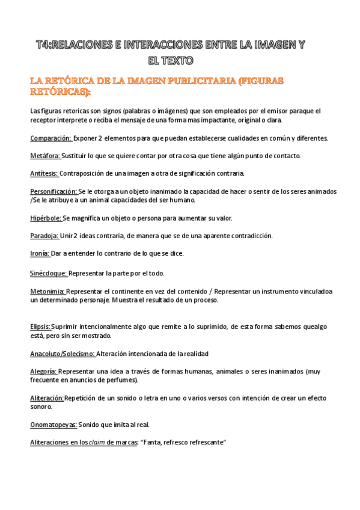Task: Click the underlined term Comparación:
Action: [50, 138]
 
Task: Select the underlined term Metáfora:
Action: [45, 156]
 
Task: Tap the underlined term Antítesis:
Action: [44, 173]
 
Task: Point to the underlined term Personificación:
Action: [53, 191]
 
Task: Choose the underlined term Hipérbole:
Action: [46, 218]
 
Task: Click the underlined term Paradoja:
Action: [44, 236]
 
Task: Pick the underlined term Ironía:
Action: [40, 253]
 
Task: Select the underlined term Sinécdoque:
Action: [49, 273]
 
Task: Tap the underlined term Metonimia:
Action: [47, 291]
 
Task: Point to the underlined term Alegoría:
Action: [43, 371]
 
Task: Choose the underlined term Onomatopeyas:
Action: [53, 425]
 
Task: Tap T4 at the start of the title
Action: [42, 45]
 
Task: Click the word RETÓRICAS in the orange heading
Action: [58, 92]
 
